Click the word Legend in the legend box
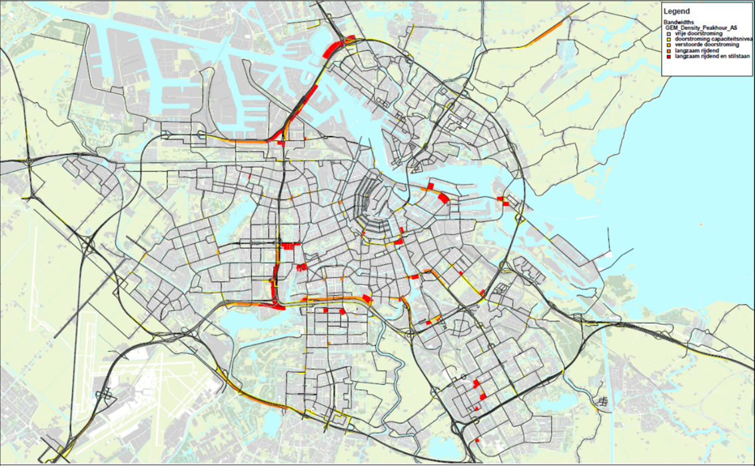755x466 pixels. point(677,11)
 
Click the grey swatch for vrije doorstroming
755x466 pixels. point(668,34)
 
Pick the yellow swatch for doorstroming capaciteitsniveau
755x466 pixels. point(668,39)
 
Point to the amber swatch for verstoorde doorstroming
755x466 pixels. point(668,45)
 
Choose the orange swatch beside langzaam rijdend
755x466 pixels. point(668,51)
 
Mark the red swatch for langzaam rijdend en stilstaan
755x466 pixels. point(668,57)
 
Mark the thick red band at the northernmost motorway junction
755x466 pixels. point(333,49)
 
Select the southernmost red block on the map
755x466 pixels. point(478,440)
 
